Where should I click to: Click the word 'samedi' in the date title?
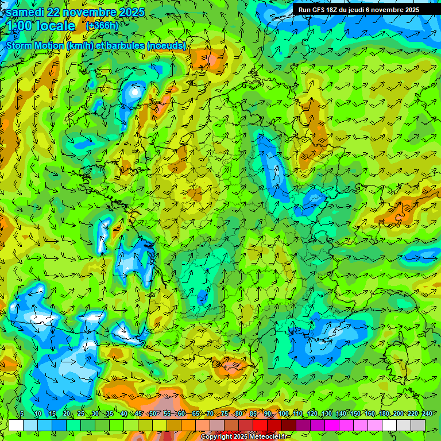[26, 12]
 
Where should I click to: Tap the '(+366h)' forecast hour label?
[102, 26]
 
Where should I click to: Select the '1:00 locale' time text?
[41, 26]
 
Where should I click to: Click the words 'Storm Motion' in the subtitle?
[35, 45]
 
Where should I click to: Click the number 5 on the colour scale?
[22, 414]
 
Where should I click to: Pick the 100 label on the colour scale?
[283, 414]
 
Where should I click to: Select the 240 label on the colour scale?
[427, 414]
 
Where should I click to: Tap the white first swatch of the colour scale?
[16, 425]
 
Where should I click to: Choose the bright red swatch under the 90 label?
[260, 425]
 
